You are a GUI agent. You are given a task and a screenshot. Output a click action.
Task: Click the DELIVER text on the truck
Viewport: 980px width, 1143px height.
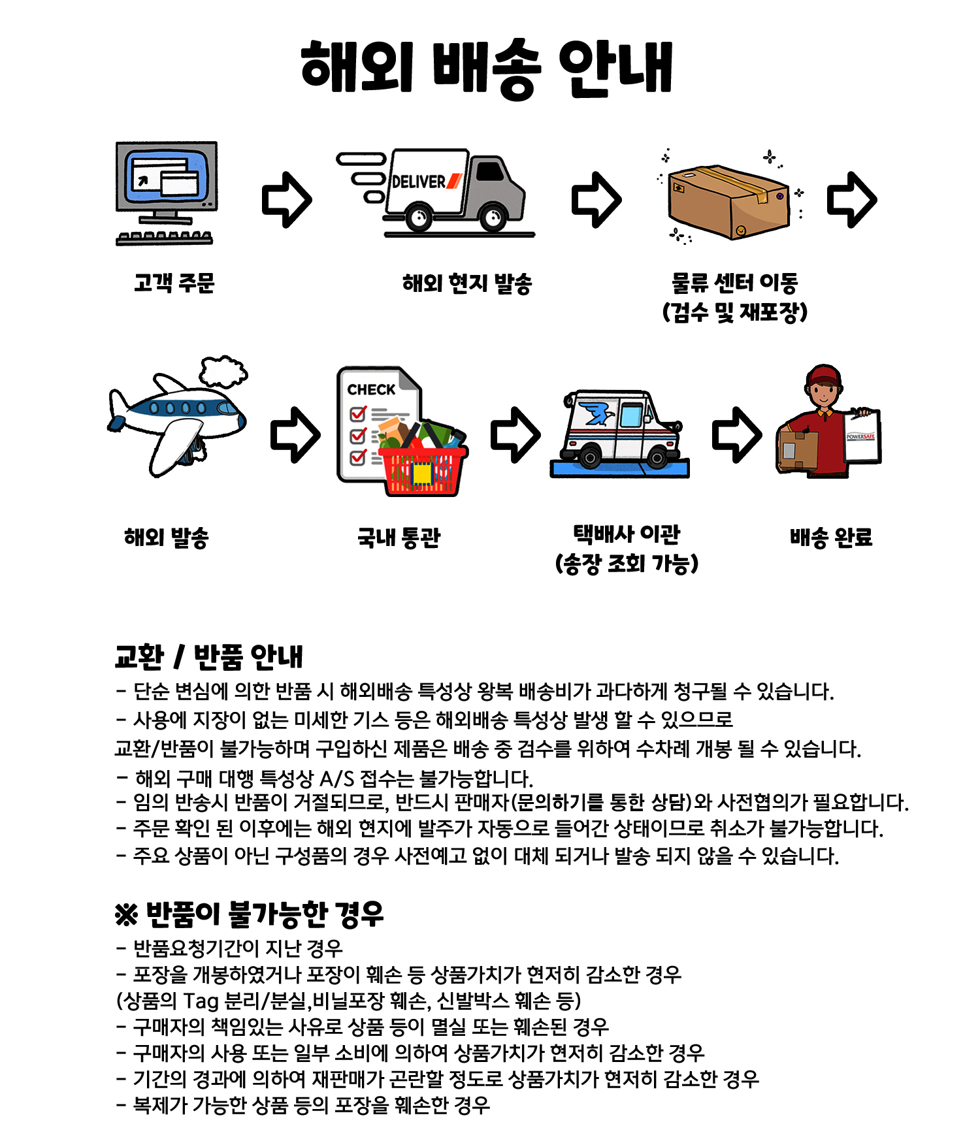coord(418,182)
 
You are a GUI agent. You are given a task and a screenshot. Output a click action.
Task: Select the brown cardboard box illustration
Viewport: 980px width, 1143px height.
coord(728,202)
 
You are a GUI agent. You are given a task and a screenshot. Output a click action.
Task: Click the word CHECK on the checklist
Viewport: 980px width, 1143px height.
coord(371,390)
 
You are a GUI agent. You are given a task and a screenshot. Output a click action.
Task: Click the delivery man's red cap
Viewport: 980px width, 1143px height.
coord(825,376)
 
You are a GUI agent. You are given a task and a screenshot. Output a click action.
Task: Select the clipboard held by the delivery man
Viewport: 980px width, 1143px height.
coord(862,436)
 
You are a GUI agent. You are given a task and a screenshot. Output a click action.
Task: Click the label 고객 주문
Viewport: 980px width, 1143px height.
coord(174,283)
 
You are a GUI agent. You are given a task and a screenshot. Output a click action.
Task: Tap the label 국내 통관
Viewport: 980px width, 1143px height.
coord(399,538)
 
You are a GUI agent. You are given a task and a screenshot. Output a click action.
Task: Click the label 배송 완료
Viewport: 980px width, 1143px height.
coord(831,538)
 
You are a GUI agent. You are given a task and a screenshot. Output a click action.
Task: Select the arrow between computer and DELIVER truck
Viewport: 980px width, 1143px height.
coord(287,200)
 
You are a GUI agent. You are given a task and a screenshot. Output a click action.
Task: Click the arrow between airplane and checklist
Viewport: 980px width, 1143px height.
coord(295,435)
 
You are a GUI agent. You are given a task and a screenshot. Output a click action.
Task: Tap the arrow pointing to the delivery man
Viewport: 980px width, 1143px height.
coord(737,435)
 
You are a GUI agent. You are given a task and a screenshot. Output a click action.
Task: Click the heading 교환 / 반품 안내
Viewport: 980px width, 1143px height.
coord(209,657)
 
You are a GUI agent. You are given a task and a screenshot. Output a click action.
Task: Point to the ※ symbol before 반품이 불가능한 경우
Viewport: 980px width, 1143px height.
coord(126,915)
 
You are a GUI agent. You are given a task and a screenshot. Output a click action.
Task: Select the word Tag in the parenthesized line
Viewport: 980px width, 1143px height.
coord(201,1001)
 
